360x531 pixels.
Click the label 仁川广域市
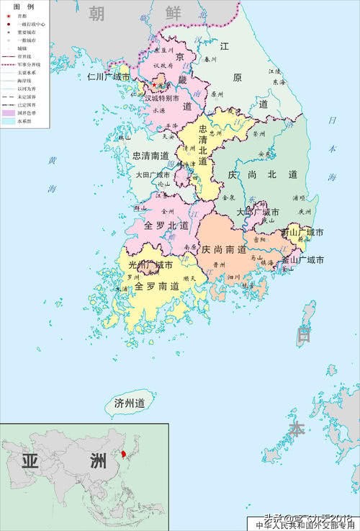109,76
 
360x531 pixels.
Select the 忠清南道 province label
150,155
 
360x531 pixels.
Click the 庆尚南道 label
224,249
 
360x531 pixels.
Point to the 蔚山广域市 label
302,233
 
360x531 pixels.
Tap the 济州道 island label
130,403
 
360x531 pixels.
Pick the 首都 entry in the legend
22,15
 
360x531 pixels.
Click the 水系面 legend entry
22,121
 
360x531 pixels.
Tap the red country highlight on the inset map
126,455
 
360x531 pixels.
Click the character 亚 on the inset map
30,462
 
